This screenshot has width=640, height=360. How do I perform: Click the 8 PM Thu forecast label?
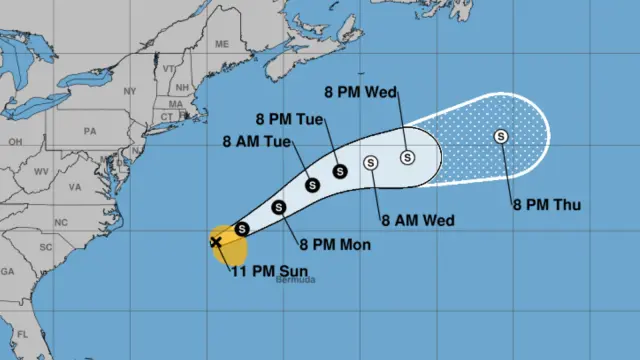[x=547, y=205]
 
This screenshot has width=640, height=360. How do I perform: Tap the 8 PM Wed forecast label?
[x=367, y=93]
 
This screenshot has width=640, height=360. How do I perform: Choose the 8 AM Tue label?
[x=257, y=142]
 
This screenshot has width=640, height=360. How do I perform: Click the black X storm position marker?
[x=216, y=242]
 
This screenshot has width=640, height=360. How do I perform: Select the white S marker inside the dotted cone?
[x=501, y=137]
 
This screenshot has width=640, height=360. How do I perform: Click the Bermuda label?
[x=296, y=280]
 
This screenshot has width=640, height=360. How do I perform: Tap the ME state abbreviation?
[x=221, y=44]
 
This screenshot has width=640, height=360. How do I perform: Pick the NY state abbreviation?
[x=128, y=91]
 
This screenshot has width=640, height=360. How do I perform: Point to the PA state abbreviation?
[x=89, y=130]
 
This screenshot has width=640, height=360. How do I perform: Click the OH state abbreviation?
[x=15, y=141]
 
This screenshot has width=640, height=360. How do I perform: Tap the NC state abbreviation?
[x=60, y=220]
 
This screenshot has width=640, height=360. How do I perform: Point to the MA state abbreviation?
[x=177, y=103]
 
